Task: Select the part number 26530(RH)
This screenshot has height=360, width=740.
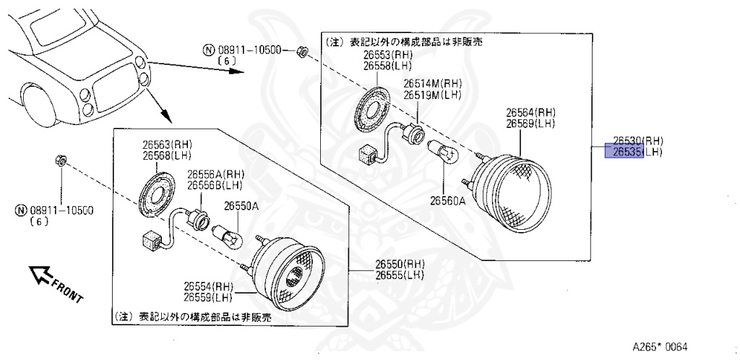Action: click(637, 141)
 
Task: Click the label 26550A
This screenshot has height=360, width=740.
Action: click(241, 206)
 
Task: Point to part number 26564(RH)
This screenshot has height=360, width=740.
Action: click(530, 113)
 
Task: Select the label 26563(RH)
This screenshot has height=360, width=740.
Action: click(168, 145)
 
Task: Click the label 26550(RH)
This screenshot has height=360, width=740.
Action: click(399, 264)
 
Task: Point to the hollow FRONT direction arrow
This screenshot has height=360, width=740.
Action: click(40, 274)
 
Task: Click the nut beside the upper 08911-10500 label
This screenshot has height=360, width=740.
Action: click(304, 51)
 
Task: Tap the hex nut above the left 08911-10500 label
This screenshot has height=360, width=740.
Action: click(61, 160)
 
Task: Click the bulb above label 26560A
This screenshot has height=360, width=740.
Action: click(444, 154)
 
